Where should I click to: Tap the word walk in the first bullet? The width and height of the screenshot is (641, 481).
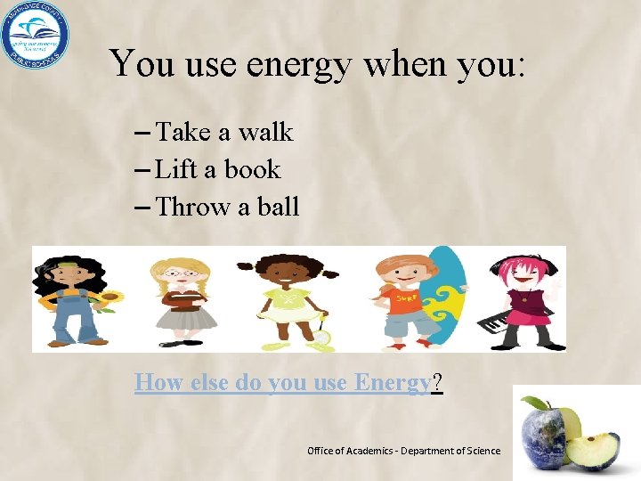(x=265, y=133)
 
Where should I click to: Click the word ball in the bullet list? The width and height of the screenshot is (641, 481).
(x=279, y=208)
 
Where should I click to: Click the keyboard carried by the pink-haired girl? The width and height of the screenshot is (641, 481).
(x=496, y=322)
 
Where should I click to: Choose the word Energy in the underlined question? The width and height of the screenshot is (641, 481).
(x=392, y=383)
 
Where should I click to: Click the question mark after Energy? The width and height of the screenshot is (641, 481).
(x=437, y=383)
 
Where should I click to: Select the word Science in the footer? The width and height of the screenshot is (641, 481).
(x=481, y=452)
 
